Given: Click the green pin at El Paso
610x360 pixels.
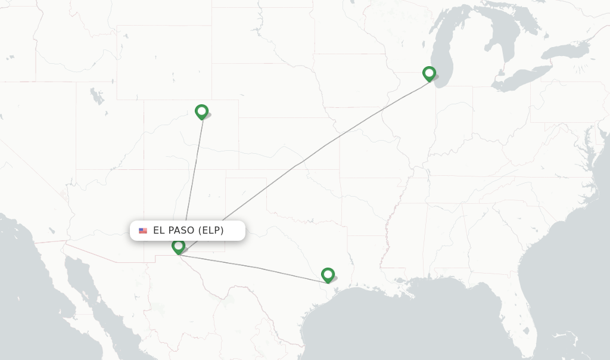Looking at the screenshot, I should click(178, 246).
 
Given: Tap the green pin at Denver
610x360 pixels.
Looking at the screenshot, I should click(201, 111).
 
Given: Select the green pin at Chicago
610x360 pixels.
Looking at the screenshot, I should click(429, 73).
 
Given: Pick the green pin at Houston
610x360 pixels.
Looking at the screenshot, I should click(328, 274).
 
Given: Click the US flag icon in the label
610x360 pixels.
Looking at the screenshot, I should click(143, 231).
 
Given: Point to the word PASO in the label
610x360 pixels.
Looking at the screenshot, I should click(182, 231).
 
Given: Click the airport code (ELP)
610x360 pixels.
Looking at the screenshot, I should click(212, 231).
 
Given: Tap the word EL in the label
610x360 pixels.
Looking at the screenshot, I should click(158, 231).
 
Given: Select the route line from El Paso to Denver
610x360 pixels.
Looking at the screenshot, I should click(193, 179).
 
